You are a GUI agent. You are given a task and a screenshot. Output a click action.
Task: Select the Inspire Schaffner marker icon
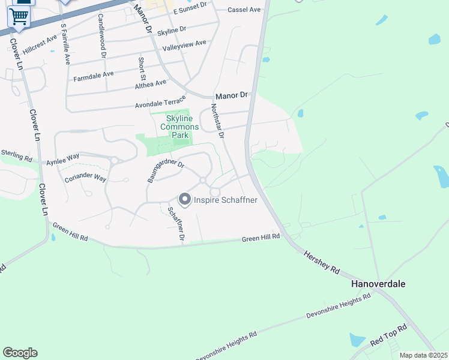tap(184, 199)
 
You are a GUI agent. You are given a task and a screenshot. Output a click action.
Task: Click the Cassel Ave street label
tap(244, 10)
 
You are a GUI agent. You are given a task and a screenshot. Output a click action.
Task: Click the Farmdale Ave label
tap(93, 76)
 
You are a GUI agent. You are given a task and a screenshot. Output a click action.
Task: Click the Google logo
tap(20, 353)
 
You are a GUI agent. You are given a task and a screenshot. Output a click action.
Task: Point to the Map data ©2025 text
tap(423, 355)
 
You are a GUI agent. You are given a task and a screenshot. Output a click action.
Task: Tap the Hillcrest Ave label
tap(40, 44)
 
